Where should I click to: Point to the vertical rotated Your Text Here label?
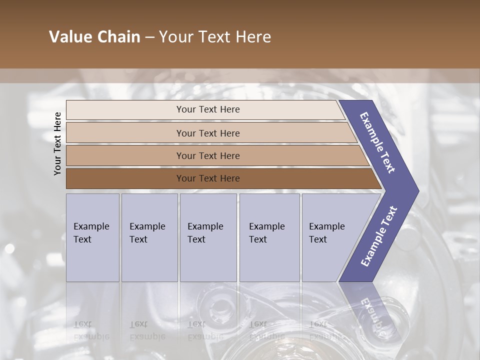pos(57,143)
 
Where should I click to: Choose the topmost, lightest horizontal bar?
pos(207,109)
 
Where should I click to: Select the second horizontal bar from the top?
pos(207,133)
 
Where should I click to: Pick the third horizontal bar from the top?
pos(207,155)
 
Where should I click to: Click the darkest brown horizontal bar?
pos(207,178)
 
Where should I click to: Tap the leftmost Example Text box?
pos(92,237)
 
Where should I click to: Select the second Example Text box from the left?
pos(149,237)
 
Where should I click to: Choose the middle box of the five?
pos(208,237)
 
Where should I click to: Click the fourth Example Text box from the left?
pos(269,237)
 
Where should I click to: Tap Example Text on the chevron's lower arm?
pos(379,236)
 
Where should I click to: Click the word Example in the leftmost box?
pos(91,226)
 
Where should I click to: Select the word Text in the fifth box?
pos(318,239)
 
